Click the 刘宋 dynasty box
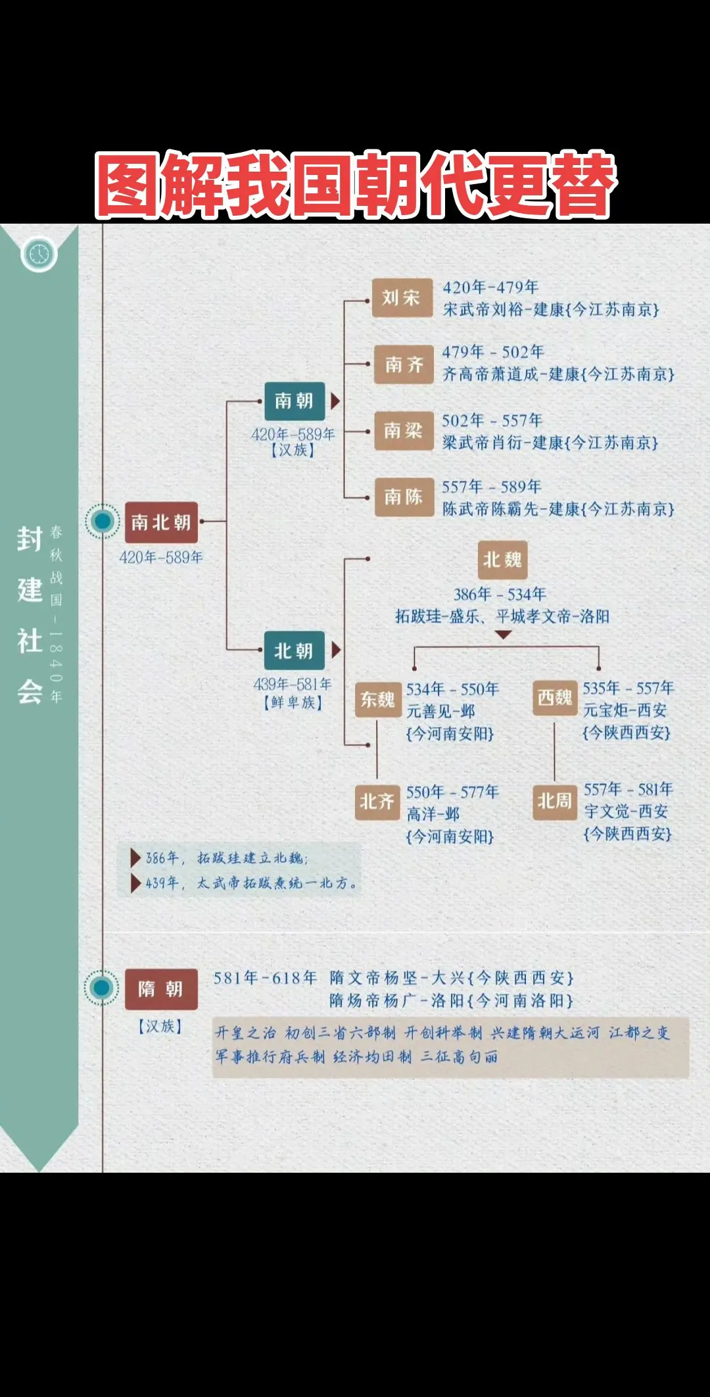click(x=402, y=298)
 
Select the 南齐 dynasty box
click(x=404, y=364)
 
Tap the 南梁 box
click(x=403, y=431)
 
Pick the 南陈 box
click(x=403, y=497)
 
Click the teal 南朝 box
click(x=294, y=401)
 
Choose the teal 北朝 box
click(x=294, y=651)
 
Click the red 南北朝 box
click(x=161, y=522)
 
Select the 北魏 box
click(x=502, y=560)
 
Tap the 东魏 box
click(x=377, y=700)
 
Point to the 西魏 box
click(x=555, y=698)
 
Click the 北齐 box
click(x=377, y=801)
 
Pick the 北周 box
click(x=555, y=801)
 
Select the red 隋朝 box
click(x=161, y=989)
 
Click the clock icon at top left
click(x=39, y=254)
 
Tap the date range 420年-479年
click(x=490, y=287)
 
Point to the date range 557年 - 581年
click(x=628, y=789)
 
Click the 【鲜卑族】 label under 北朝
click(x=293, y=702)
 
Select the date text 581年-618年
click(x=265, y=978)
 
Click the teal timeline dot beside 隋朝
click(x=101, y=987)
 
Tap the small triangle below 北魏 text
click(x=503, y=635)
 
